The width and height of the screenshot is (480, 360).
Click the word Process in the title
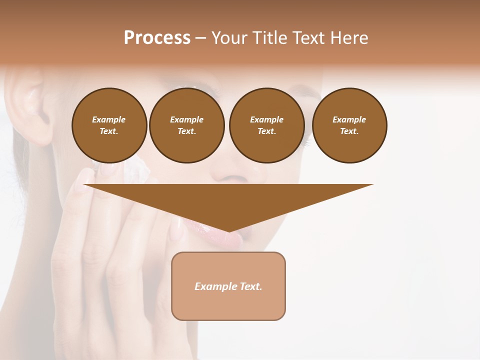tap(157, 38)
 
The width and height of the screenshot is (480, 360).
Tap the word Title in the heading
tap(268, 38)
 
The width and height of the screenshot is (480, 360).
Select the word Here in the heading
tap(349, 38)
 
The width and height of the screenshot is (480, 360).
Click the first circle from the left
tap(109, 125)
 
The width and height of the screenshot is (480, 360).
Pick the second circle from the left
tap(186, 125)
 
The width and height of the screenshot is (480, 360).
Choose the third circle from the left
tap(266, 125)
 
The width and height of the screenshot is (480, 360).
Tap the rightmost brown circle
tap(349, 125)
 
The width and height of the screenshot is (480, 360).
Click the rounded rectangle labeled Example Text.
tap(228, 286)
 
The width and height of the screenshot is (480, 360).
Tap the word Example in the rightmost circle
tap(349, 119)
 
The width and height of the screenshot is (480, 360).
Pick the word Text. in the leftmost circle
tap(109, 131)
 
